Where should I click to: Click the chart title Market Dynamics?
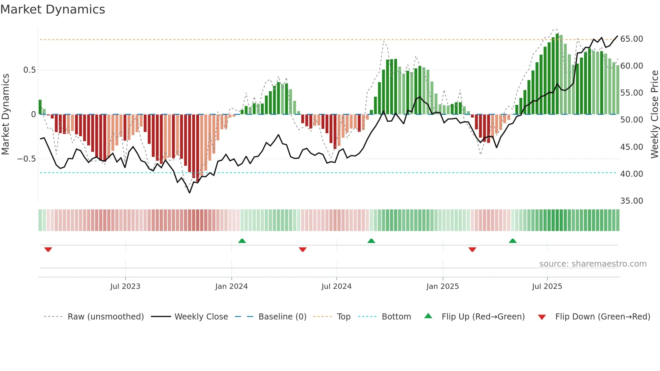click(x=53, y=9)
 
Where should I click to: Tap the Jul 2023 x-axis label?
click(x=125, y=286)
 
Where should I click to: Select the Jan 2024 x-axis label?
click(x=231, y=286)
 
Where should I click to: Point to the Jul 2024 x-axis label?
click(x=336, y=286)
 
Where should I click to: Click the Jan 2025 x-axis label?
click(x=442, y=286)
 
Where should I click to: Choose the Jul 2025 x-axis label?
click(x=547, y=286)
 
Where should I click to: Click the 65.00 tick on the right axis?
click(x=631, y=39)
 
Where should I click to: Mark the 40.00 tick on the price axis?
click(x=631, y=174)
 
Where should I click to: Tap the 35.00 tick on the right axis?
click(x=631, y=201)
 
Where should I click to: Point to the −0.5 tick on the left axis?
click(x=26, y=159)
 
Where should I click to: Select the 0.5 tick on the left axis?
click(x=29, y=70)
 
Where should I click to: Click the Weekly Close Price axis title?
click(x=654, y=114)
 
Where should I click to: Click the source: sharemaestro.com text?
click(x=593, y=264)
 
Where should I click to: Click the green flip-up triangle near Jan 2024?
click(x=242, y=241)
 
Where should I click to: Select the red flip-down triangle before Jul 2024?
click(x=302, y=249)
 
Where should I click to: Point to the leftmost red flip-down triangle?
click(x=48, y=249)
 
